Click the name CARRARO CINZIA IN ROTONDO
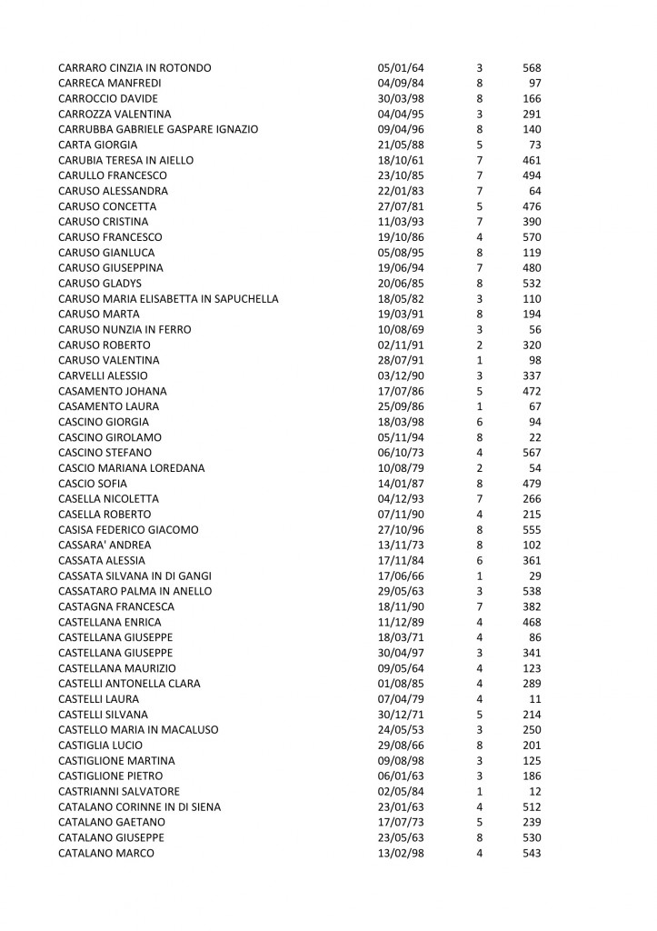point(134,68)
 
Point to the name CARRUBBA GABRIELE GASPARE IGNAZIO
point(157,129)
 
